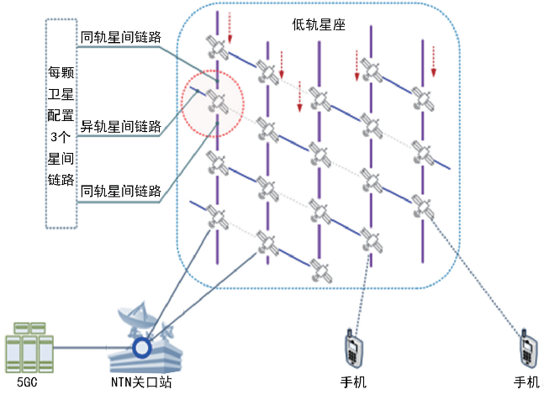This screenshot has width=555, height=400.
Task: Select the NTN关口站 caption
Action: click(141, 382)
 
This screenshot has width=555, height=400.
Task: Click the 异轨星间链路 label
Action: click(120, 128)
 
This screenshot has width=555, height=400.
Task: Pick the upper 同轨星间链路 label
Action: click(120, 38)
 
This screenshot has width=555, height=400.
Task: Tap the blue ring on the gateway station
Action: click(142, 345)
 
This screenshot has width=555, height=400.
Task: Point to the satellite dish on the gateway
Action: click(135, 320)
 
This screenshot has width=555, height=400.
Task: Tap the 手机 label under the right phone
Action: click(527, 382)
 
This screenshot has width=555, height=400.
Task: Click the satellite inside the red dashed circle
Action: click(216, 103)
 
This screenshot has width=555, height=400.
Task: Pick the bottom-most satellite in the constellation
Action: click(320, 274)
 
